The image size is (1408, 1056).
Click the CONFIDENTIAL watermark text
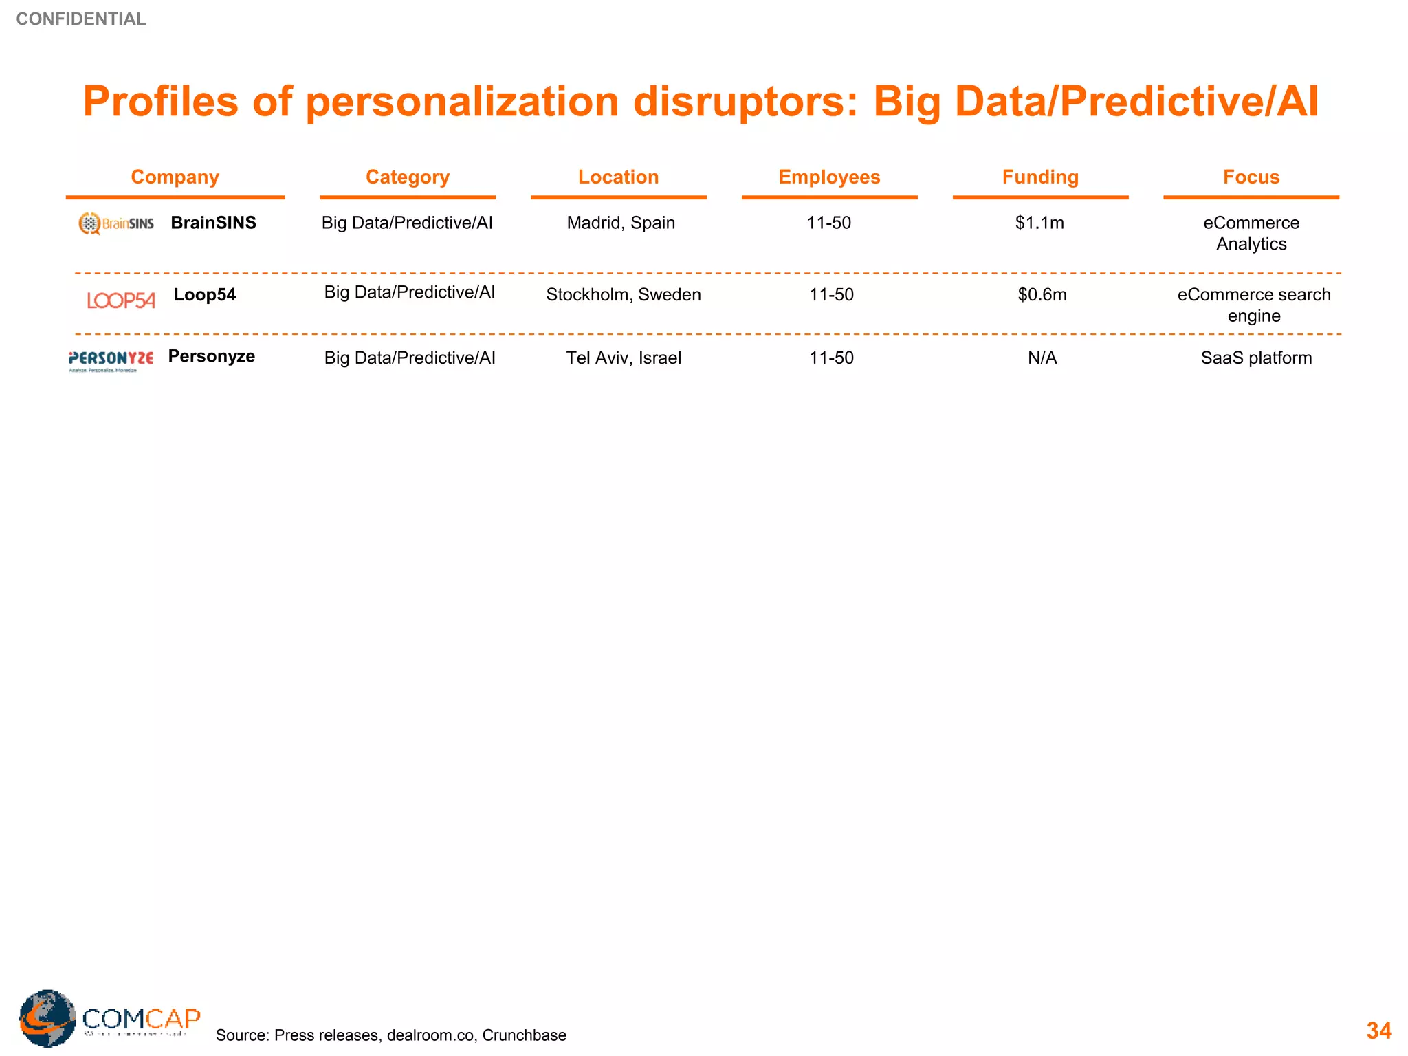click(81, 19)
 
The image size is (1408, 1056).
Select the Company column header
click(175, 177)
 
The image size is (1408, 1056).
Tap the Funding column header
click(1039, 177)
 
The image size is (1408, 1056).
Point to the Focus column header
click(1251, 177)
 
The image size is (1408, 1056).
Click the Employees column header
click(829, 177)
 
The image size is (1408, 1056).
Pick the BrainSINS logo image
click(116, 223)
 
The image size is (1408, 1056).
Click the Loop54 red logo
click(121, 300)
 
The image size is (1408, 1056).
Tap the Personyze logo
click(111, 360)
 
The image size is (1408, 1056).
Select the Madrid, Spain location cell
click(620, 223)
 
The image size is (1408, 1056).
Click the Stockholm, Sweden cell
click(623, 295)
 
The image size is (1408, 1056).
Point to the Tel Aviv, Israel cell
click(623, 358)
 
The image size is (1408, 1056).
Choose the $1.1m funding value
click(1039, 223)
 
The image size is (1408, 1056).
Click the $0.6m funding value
click(1042, 295)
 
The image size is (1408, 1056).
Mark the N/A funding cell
click(1042, 358)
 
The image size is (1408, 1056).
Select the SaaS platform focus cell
click(1255, 358)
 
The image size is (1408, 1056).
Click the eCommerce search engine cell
click(1253, 305)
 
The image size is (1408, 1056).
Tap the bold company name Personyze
click(211, 356)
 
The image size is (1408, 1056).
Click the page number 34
click(1378, 1031)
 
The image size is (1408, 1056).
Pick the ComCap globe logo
click(47, 1018)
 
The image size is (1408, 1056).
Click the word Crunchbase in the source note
click(524, 1035)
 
